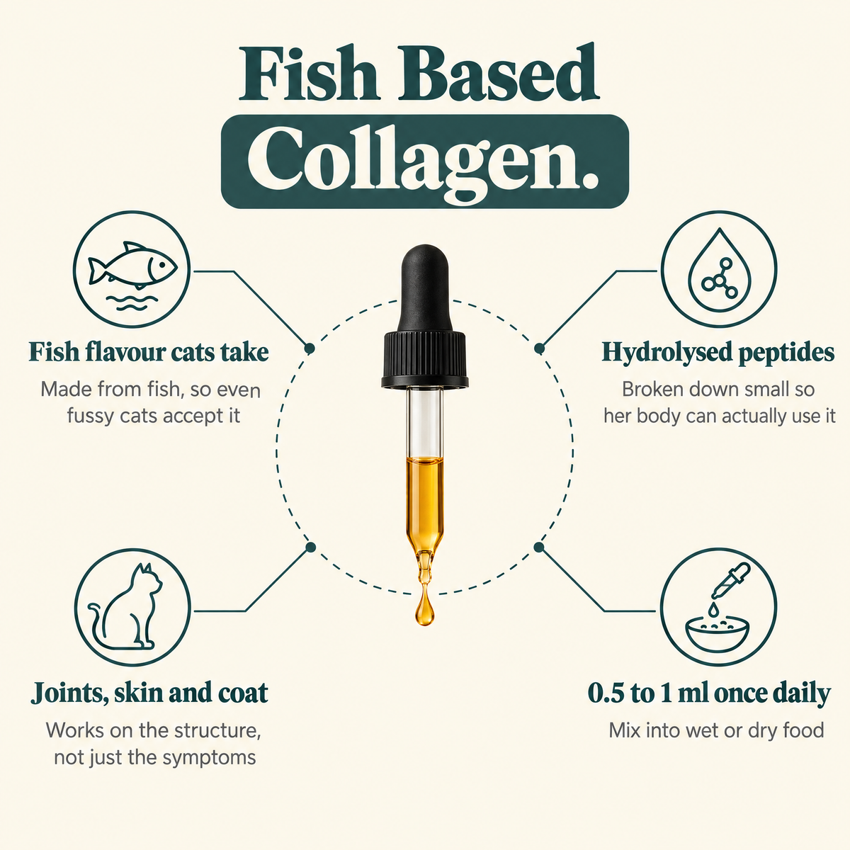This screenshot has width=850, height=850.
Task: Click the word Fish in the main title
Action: tap(309, 73)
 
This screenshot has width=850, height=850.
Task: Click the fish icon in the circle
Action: tap(132, 266)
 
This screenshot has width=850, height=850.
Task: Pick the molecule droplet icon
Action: tap(719, 269)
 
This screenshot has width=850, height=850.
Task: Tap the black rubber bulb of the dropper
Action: tap(425, 288)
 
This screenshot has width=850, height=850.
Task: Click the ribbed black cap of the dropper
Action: tap(425, 359)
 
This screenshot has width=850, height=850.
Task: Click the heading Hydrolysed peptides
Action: tap(718, 353)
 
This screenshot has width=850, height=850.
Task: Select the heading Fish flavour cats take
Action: tap(149, 352)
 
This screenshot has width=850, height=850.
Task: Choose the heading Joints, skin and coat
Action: tap(149, 693)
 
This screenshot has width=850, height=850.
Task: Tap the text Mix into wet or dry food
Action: tap(716, 730)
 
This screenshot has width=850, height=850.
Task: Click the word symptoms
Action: tap(209, 759)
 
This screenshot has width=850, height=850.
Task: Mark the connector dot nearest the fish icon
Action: tap(310, 348)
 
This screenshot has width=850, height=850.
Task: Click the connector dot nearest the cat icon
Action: tap(310, 548)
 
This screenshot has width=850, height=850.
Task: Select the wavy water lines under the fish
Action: tap(132, 302)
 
